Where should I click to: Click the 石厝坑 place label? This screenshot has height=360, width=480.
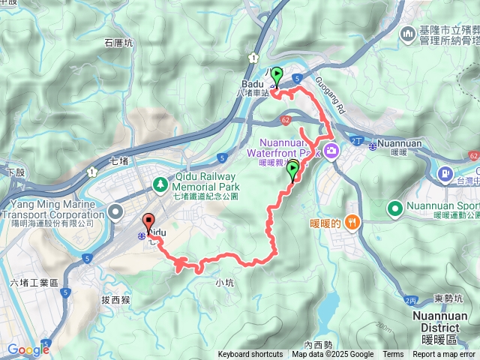click(x=118, y=42)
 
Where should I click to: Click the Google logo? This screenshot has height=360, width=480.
click(x=28, y=349)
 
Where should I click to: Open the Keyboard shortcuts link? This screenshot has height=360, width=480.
click(x=250, y=355)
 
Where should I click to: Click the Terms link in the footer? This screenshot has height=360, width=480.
click(x=393, y=355)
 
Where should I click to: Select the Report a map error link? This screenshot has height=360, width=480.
click(x=445, y=355)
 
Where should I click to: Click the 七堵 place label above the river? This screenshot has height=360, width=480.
click(x=120, y=160)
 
